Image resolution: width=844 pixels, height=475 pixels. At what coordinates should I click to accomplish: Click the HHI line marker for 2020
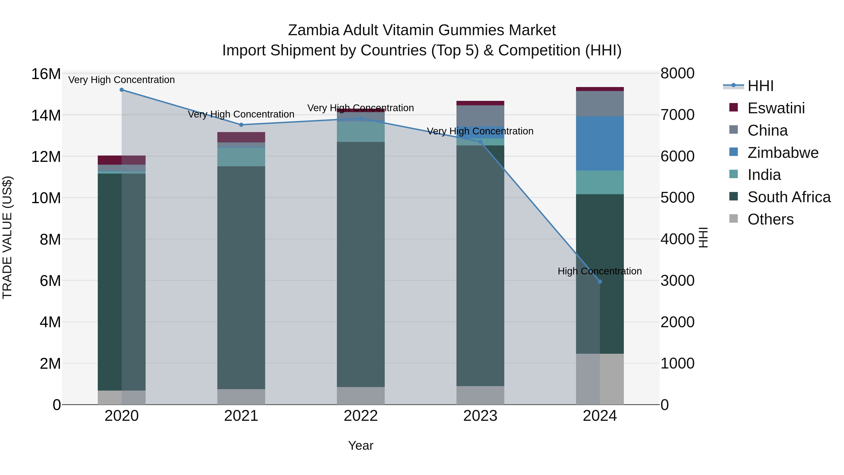pos(121,90)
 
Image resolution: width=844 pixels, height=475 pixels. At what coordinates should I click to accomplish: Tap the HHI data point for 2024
pos(600,281)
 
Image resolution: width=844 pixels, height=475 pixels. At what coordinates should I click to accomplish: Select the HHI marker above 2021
pos(241,125)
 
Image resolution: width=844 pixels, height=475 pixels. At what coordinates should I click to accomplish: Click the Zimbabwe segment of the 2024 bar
pos(600,144)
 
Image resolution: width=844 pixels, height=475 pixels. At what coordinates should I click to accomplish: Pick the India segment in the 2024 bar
pos(600,182)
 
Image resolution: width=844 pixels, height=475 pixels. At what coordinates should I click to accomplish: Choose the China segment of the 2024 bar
pos(600,104)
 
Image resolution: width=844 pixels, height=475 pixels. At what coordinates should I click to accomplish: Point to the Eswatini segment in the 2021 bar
pos(241,137)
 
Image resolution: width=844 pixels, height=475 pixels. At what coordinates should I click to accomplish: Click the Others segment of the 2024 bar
pos(600,379)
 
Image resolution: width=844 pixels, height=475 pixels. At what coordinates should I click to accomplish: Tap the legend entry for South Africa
pos(789,197)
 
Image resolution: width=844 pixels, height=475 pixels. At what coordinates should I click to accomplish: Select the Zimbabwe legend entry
pos(783,153)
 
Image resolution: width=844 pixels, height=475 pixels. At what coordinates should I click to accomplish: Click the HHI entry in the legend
pos(760,86)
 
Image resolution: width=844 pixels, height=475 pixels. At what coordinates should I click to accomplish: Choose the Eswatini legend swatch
pos(734,107)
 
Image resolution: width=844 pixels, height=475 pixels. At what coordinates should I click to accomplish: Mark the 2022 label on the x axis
pos(361,416)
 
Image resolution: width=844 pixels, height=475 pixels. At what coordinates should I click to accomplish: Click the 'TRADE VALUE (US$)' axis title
pos(7,237)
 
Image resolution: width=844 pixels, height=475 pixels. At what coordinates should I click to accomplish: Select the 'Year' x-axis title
pos(361,445)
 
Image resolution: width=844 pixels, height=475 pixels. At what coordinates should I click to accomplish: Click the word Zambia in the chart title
pos(313,30)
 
